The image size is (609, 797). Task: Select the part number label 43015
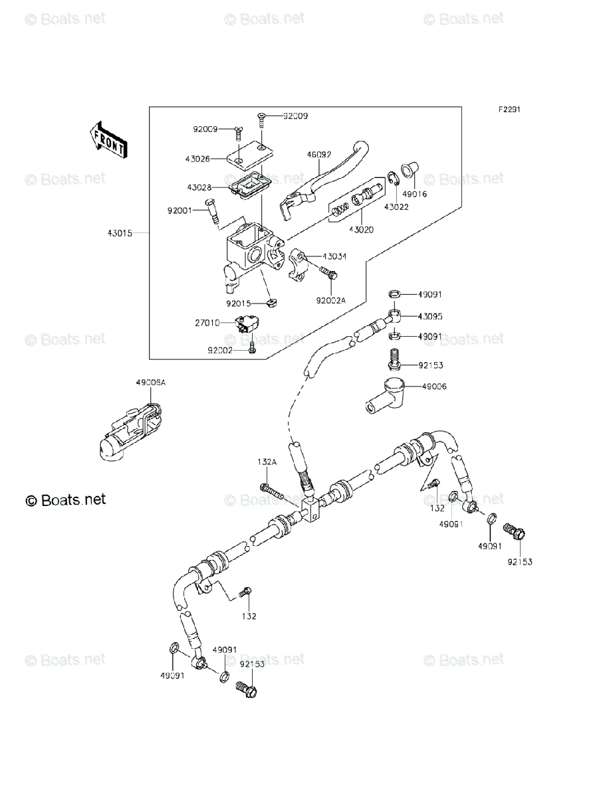click(120, 233)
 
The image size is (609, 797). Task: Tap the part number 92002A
click(332, 300)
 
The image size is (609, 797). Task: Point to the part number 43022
click(396, 207)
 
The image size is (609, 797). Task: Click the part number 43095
click(430, 316)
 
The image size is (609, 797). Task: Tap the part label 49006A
click(151, 383)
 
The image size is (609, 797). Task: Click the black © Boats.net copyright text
click(66, 499)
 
